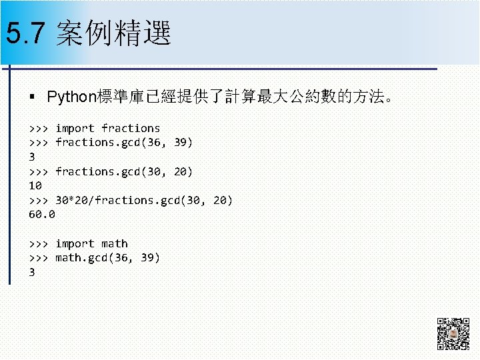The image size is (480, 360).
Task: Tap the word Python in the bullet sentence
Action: (x=72, y=97)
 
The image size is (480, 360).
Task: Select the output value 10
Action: (x=35, y=185)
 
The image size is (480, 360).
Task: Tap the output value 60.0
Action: (x=42, y=215)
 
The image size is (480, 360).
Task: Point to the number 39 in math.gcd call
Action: (x=147, y=258)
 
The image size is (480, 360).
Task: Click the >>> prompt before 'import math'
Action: (x=39, y=244)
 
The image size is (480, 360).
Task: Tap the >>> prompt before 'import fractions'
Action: (x=39, y=128)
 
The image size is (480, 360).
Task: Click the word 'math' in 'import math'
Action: (x=114, y=244)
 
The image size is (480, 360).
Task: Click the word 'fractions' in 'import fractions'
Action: (x=131, y=128)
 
